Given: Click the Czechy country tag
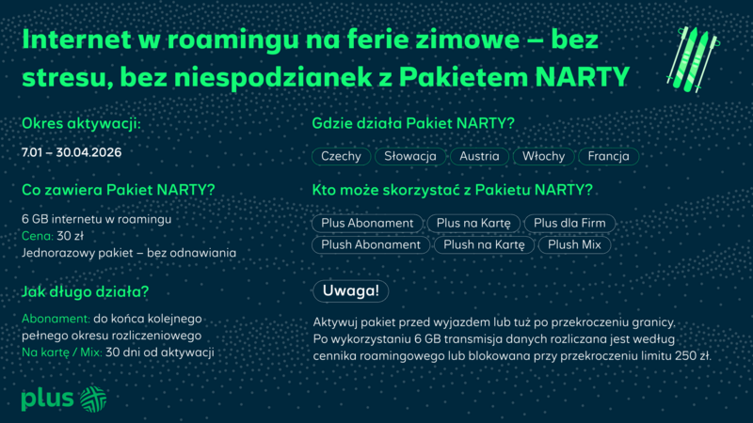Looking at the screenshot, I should [341, 156].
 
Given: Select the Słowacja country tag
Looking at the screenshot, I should [410, 156].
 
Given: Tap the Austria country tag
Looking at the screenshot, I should [479, 156].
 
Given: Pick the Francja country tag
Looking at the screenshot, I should [608, 156].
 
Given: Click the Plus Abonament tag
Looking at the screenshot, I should [367, 224].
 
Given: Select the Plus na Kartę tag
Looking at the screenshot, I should [469, 224].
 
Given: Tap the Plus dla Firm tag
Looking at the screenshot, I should [569, 224].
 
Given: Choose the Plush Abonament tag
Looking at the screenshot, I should [370, 244].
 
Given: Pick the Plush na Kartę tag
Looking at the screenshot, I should [484, 244].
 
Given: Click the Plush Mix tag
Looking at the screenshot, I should [574, 244].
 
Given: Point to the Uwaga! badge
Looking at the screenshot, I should [350, 290].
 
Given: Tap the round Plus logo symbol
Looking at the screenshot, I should [93, 398].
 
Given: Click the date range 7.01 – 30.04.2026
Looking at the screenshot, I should [72, 151].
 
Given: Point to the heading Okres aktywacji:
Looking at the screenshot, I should [81, 123].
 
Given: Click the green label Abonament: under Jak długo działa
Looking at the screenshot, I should [55, 319].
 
